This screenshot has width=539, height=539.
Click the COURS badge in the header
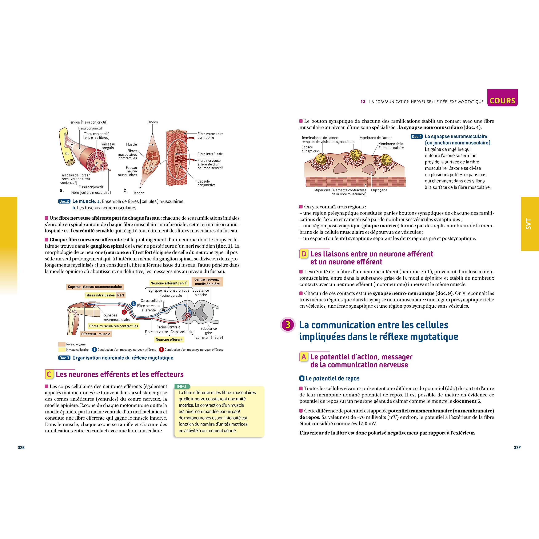click(x=502, y=100)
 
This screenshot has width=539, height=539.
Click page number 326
click(x=21, y=447)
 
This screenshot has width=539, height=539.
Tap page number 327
click(x=517, y=447)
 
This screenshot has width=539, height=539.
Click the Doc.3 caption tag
click(x=64, y=358)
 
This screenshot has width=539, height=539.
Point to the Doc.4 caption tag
click(x=416, y=137)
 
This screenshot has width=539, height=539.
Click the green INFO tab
click(x=182, y=386)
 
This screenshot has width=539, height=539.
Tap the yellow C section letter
click(x=49, y=374)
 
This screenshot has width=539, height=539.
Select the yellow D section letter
click(x=304, y=254)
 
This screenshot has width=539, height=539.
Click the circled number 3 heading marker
click(x=288, y=325)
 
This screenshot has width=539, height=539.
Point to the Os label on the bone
click(x=67, y=154)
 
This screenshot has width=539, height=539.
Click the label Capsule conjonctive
click(x=207, y=183)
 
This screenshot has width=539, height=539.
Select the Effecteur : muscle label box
click(x=96, y=334)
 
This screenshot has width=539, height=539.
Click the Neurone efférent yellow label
click(x=169, y=340)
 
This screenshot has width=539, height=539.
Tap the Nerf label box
click(x=121, y=295)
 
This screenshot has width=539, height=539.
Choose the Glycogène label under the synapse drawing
click(x=379, y=190)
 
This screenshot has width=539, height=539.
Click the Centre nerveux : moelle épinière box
click(x=207, y=282)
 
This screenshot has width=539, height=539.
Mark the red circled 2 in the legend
click(x=161, y=350)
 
